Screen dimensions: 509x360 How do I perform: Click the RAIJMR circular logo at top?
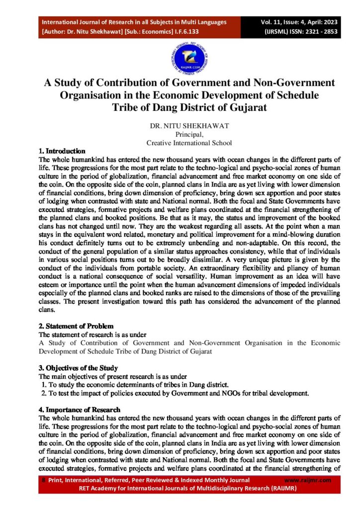[180, 59]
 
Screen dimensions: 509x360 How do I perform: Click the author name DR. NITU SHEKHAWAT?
[180, 127]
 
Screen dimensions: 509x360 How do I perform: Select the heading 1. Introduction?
[62, 151]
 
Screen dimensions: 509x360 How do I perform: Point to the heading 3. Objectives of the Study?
[78, 368]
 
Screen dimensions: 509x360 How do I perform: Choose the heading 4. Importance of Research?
[79, 410]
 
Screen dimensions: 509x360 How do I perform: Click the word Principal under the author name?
[180, 135]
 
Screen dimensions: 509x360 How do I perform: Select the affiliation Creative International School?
[188, 143]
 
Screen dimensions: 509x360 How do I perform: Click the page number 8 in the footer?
[43, 480]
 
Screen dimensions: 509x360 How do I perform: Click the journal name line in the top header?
[134, 22]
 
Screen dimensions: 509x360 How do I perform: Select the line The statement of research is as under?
[89, 335]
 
